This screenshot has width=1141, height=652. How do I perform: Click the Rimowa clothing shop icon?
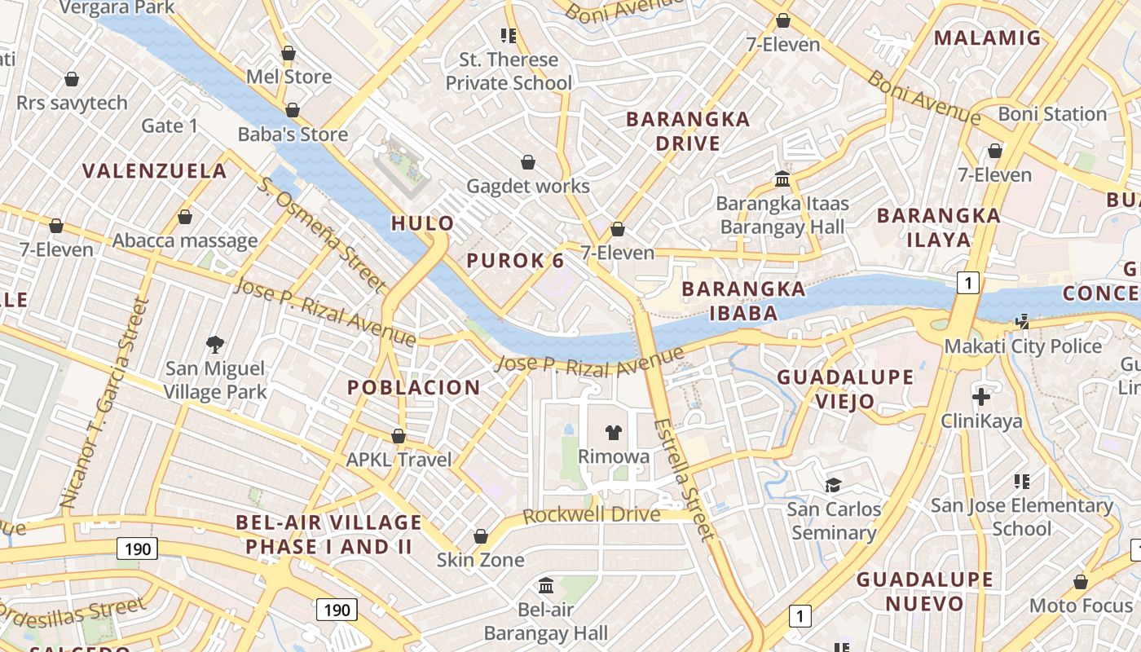tap(613, 432)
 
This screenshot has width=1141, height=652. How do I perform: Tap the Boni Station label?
tap(1052, 113)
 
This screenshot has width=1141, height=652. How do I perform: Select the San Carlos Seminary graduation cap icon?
tap(833, 486)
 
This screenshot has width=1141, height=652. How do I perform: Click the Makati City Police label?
tap(1023, 346)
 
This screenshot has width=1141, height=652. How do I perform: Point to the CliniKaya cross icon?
tap(981, 397)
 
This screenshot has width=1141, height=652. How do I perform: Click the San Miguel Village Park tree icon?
tap(215, 344)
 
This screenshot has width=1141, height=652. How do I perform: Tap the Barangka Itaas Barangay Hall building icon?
tap(782, 178)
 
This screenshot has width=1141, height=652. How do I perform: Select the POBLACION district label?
tap(414, 387)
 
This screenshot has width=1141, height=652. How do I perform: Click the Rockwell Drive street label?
tap(591, 515)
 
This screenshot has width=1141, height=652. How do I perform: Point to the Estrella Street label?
tap(685, 479)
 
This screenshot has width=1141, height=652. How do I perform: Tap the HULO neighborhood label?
tap(422, 222)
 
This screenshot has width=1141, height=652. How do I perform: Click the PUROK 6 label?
tap(515, 261)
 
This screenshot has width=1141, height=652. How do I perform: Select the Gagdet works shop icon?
tap(528, 162)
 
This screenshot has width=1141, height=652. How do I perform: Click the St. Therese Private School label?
tap(509, 71)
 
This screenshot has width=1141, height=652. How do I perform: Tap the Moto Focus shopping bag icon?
tap(1081, 582)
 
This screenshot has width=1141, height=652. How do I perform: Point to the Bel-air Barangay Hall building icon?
tap(546, 585)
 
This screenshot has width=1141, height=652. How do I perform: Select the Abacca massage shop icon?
tap(185, 217)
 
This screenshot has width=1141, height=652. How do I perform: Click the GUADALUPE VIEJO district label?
tap(844, 389)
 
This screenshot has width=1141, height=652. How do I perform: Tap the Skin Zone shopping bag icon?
tap(481, 536)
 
